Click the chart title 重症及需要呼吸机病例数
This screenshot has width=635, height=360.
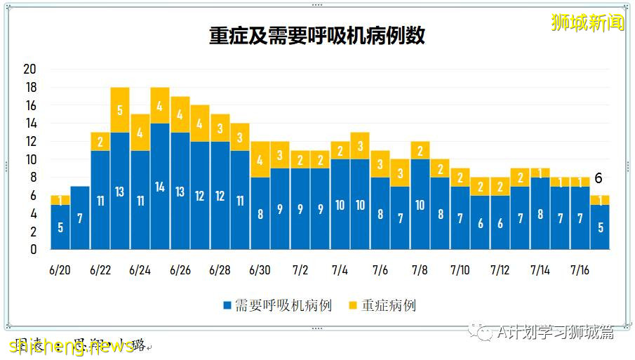pos(317,36)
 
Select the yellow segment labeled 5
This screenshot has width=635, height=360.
pos(120,109)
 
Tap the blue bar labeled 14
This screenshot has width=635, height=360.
pos(160,186)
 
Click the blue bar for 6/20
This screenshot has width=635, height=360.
pos(60,227)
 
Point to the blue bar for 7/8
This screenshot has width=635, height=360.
pos(420,204)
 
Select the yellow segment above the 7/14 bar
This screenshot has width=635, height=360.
pos(540,173)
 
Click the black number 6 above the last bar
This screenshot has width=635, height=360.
pos(598,179)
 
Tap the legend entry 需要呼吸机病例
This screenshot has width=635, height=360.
pos(277,305)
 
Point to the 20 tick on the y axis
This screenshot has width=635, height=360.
pos(29,69)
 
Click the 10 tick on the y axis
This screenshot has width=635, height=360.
pos(29,159)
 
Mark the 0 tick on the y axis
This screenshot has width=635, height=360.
pos(32,249)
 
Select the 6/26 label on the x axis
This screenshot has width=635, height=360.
pos(180,270)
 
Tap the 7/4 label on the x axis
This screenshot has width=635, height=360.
pos(340,270)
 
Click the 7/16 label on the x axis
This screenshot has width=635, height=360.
pos(580,270)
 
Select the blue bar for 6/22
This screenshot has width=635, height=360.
pos(100,200)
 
